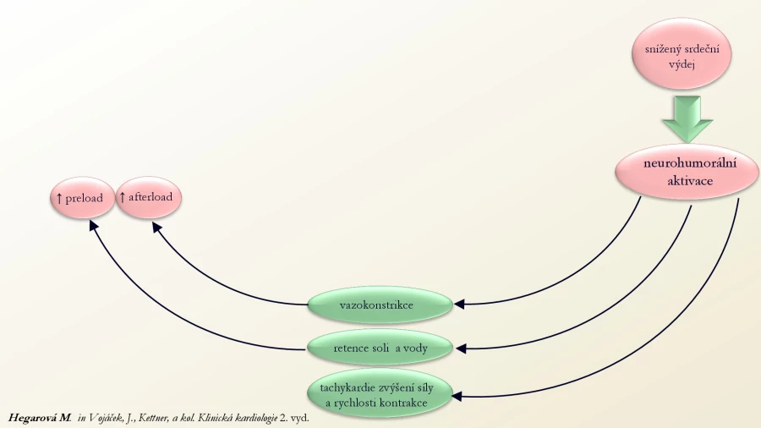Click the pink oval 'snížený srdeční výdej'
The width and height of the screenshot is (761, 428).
click(682, 53)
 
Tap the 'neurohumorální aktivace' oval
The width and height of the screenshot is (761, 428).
click(687, 172)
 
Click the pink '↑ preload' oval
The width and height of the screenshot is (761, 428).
click(83, 197)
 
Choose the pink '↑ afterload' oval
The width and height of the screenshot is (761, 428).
click(149, 196)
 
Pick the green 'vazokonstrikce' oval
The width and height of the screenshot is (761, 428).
click(380, 305)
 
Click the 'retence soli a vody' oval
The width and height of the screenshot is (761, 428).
click(380, 348)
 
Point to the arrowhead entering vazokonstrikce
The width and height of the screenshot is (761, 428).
click(459, 305)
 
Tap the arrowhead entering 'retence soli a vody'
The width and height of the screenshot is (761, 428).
click(461, 348)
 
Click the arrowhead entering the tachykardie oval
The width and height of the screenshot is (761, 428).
click(457, 397)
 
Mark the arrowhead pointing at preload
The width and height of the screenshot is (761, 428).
click(94, 225)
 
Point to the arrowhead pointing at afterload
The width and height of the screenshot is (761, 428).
click(156, 227)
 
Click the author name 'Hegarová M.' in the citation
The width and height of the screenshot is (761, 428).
click(40, 418)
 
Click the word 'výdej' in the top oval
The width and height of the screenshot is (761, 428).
click(682, 64)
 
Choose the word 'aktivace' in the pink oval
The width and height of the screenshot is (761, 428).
click(690, 181)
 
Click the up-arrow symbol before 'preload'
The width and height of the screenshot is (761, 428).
click(59, 198)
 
